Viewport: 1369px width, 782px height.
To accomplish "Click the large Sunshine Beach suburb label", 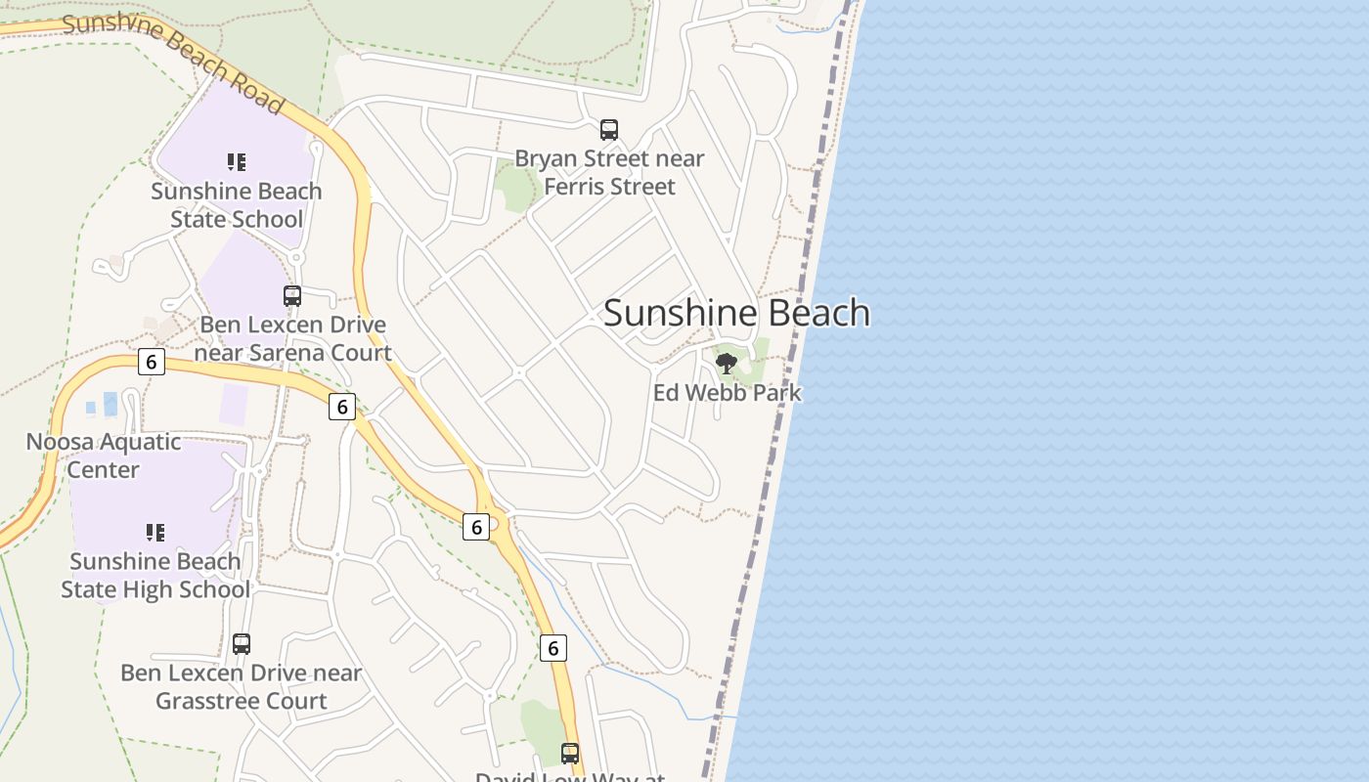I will (736, 313).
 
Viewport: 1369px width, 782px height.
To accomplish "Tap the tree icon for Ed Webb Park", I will (726, 365).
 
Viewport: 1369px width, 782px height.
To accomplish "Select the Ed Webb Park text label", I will (727, 393).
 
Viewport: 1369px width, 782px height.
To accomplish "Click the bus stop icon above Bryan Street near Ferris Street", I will (609, 130).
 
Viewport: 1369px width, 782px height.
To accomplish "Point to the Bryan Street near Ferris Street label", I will (609, 172).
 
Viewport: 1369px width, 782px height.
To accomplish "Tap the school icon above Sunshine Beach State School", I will (236, 161).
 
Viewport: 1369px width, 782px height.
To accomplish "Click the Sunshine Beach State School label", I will (236, 205).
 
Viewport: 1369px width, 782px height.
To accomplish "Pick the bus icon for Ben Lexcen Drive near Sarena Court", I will (292, 296).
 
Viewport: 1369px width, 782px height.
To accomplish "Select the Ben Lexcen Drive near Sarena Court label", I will (292, 338).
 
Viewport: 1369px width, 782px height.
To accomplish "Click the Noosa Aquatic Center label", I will (103, 456).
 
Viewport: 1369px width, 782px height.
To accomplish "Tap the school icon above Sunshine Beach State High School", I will (155, 533).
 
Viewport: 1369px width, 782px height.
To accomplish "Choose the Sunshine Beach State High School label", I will (155, 576).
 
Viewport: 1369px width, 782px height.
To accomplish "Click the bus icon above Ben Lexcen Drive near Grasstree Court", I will (242, 644).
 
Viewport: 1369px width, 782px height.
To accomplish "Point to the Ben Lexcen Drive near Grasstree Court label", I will (241, 687).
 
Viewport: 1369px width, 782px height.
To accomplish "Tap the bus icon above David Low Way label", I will (570, 754).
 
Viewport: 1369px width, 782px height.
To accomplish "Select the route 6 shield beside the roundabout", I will (476, 527).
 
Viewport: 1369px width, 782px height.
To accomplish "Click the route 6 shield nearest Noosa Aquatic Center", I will (151, 362).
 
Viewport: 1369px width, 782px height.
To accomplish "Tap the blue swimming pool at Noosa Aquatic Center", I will (110, 404).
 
